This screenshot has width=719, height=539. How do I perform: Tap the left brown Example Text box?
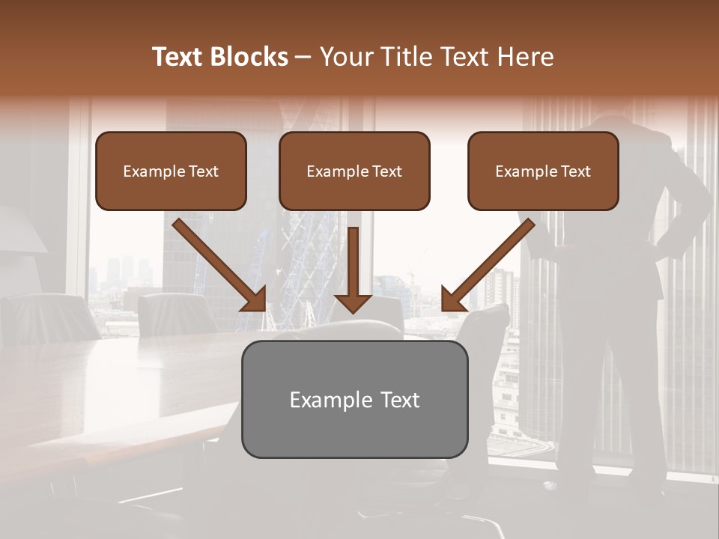[x=171, y=171]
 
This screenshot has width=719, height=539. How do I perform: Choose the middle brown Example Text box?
[x=354, y=171]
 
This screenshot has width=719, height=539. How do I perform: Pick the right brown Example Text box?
[x=543, y=171]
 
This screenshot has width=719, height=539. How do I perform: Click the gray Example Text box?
[x=354, y=399]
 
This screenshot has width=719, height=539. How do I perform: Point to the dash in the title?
[x=304, y=57]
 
